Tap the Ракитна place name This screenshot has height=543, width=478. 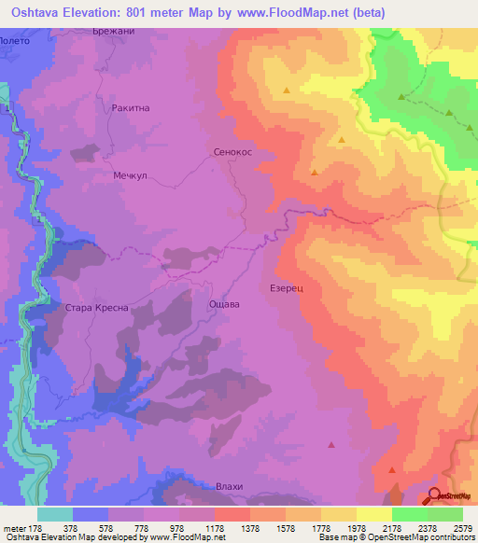[x=131, y=108]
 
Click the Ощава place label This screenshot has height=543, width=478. [x=224, y=304]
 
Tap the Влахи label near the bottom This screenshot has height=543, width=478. [x=228, y=487]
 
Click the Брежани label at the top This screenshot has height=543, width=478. [x=115, y=32]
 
